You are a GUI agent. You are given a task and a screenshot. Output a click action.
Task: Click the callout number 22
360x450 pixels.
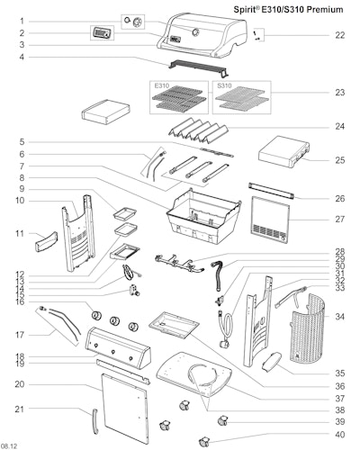click(x=339, y=35)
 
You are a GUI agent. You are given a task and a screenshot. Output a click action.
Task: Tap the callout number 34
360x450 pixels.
click(x=339, y=317)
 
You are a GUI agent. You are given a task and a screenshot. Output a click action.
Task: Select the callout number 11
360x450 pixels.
click(x=20, y=233)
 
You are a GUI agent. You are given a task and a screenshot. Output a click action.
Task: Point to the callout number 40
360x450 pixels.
click(x=339, y=434)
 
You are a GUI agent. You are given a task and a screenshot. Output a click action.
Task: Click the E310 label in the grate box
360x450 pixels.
click(x=162, y=85)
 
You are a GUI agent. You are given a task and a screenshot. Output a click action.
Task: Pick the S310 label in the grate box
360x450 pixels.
click(x=224, y=85)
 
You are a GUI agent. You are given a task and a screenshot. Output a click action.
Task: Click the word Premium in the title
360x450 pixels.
click(x=325, y=10)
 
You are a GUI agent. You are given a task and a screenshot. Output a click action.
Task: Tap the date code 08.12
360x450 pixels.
click(x=9, y=446)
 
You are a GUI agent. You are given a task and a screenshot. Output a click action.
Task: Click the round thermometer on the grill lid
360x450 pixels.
click(x=195, y=31)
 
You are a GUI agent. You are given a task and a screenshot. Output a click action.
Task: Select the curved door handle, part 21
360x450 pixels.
click(x=94, y=421)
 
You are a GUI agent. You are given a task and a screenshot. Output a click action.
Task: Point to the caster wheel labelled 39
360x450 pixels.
click(x=222, y=420)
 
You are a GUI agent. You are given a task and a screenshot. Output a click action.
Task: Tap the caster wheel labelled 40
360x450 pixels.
click(x=203, y=441)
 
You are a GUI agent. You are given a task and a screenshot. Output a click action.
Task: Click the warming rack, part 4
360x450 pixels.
click(x=198, y=67)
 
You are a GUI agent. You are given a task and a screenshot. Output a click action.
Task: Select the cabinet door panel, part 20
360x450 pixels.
click(x=125, y=408)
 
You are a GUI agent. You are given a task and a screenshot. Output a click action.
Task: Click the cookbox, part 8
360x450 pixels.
click(x=203, y=216)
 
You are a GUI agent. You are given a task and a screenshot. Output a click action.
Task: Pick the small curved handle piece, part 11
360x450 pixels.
click(x=46, y=242)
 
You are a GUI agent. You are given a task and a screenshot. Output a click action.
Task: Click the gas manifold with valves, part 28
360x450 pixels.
click(x=179, y=263)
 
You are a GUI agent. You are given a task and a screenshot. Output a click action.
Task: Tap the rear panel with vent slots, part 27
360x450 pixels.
click(x=271, y=220)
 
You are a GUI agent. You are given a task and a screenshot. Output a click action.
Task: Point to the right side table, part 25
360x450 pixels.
click(x=283, y=151)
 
